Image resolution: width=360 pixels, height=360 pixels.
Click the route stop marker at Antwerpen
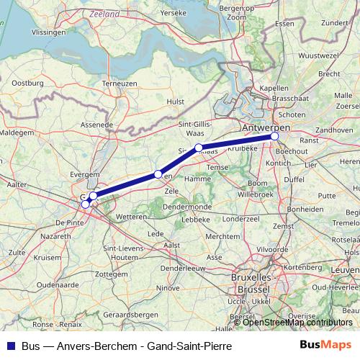point(274,136)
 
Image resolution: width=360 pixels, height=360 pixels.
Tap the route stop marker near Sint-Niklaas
point(199,148)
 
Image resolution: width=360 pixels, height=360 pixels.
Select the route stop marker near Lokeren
point(158,174)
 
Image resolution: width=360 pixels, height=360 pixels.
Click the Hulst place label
point(176,102)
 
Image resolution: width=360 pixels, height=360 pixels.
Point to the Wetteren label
point(130,216)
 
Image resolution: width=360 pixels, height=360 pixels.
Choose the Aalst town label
point(172,245)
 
